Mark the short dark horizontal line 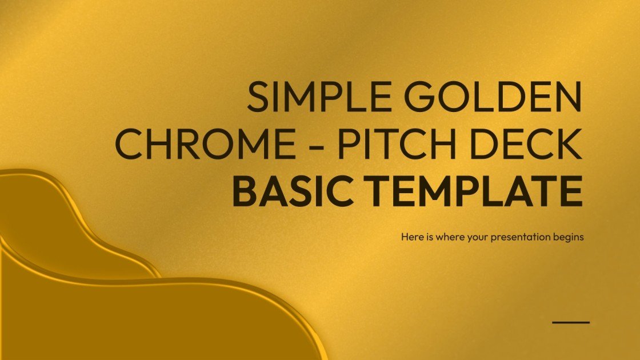(570, 322)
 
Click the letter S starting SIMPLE (259, 97)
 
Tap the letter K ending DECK (569, 145)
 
